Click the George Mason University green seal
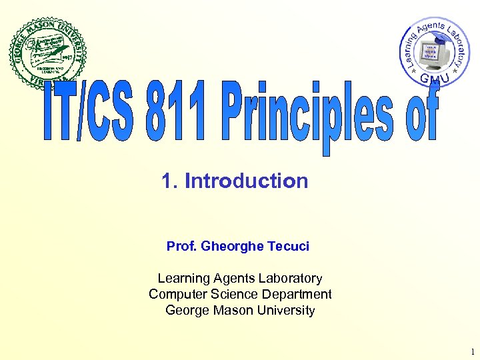(x=49, y=51)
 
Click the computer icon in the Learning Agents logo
(x=431, y=51)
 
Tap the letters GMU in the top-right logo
(x=434, y=79)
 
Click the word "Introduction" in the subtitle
(x=246, y=181)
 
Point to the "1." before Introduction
(x=170, y=181)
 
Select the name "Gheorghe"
(x=232, y=246)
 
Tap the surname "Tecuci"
(x=288, y=246)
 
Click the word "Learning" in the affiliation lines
(x=183, y=279)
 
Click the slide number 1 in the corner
(x=471, y=351)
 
